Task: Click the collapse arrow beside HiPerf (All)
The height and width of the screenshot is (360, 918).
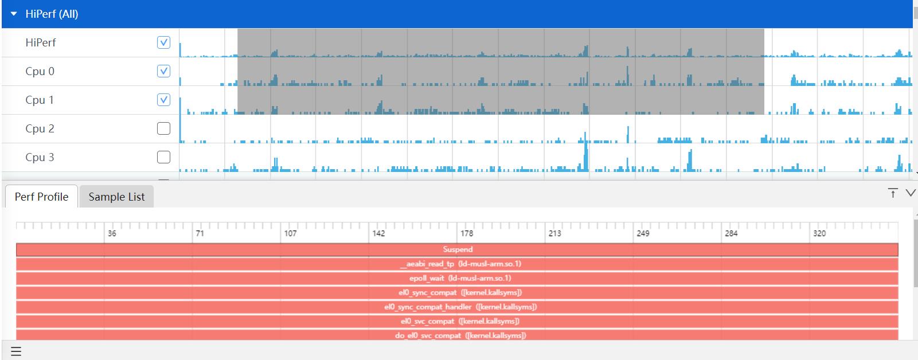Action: pyautogui.click(x=14, y=14)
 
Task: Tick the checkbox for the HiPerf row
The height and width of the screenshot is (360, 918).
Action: pyautogui.click(x=163, y=42)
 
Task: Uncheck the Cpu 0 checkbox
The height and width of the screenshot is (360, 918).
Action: pyautogui.click(x=163, y=71)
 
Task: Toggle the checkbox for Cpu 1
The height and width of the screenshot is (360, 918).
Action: pyautogui.click(x=163, y=100)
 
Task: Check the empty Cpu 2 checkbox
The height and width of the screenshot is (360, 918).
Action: pyautogui.click(x=163, y=128)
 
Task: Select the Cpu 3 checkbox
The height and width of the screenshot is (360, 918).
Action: pyautogui.click(x=163, y=157)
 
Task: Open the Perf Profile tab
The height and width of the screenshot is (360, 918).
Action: pyautogui.click(x=41, y=197)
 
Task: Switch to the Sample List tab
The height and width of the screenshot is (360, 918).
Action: pyautogui.click(x=116, y=197)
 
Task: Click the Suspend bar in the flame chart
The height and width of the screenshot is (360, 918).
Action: pyautogui.click(x=457, y=249)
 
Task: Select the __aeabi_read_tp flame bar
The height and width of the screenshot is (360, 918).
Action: pyautogui.click(x=457, y=264)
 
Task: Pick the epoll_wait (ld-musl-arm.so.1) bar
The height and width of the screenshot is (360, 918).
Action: pyautogui.click(x=457, y=278)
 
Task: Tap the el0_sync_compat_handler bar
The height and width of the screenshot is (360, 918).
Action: pyautogui.click(x=457, y=307)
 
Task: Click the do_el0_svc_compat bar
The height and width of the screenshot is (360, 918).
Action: pyautogui.click(x=457, y=335)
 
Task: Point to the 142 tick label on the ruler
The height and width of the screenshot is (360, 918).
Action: pyautogui.click(x=378, y=233)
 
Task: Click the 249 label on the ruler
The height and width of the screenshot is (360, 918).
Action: pyautogui.click(x=643, y=233)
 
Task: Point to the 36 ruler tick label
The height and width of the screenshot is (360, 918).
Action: pyautogui.click(x=112, y=233)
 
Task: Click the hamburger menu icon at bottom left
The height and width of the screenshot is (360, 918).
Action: pyautogui.click(x=16, y=351)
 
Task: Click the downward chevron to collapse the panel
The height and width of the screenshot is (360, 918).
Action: pyautogui.click(x=910, y=193)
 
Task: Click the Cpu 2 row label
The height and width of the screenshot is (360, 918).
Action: pyautogui.click(x=40, y=128)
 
